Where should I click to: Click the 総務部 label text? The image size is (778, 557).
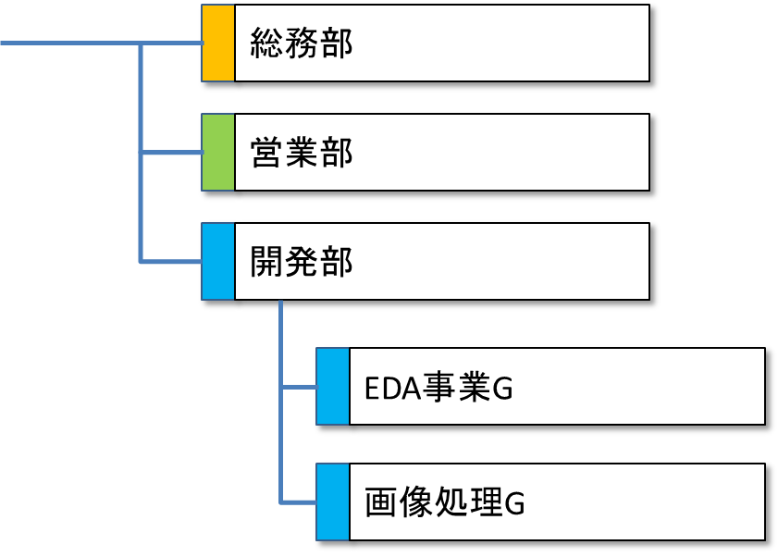[x=302, y=44]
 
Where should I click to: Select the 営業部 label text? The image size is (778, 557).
[x=302, y=154]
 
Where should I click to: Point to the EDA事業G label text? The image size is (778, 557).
[x=438, y=390]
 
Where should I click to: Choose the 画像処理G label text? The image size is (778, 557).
[x=445, y=503]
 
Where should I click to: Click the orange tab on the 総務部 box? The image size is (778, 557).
[x=218, y=44]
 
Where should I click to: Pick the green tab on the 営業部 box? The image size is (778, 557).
[x=218, y=154]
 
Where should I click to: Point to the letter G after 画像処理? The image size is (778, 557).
[x=514, y=504]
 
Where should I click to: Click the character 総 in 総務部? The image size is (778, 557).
[x=267, y=44]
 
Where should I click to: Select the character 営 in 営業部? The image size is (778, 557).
[x=267, y=154]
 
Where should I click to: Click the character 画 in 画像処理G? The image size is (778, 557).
[x=381, y=503]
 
